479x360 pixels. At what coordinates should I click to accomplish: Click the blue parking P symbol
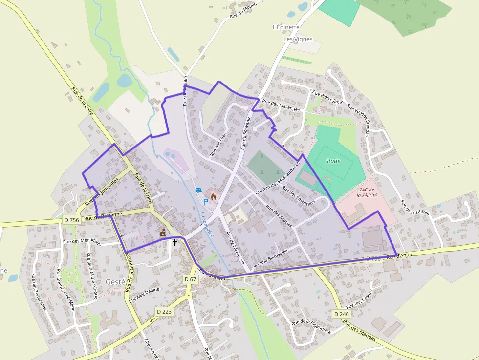(x=206, y=201)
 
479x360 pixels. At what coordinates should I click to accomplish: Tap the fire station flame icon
(x=213, y=196)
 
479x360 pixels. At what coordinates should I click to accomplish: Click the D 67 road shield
(x=190, y=279)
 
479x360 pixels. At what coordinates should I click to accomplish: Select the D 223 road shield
(x=164, y=311)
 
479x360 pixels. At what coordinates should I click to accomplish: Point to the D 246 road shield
(x=342, y=313)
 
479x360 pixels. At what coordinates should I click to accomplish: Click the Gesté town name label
(x=115, y=281)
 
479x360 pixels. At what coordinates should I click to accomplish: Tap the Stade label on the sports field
(x=333, y=161)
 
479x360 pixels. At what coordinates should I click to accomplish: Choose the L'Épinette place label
(x=286, y=27)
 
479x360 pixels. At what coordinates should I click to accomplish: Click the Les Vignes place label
(x=298, y=39)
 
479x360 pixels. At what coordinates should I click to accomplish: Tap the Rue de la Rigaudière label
(x=311, y=326)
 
